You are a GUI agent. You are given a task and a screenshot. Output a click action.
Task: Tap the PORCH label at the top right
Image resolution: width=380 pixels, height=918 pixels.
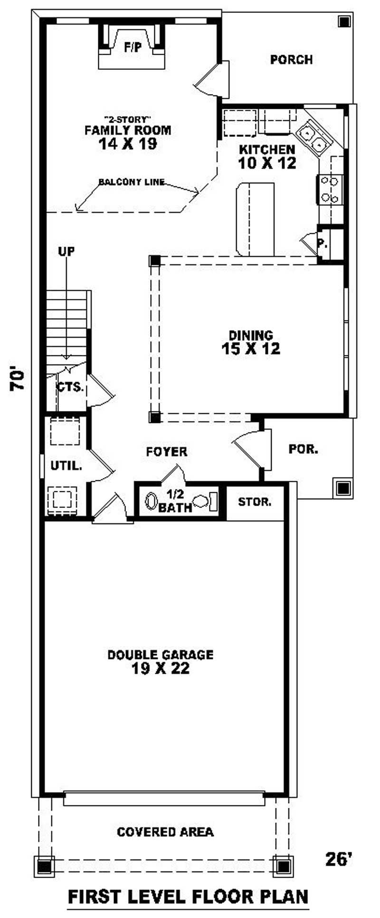292,60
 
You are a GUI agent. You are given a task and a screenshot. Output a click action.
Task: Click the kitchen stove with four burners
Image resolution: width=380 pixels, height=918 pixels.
330,189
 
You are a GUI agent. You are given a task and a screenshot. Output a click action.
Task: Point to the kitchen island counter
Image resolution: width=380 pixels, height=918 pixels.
255,219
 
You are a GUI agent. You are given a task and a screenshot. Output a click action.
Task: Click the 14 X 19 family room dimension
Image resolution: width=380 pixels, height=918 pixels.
128,144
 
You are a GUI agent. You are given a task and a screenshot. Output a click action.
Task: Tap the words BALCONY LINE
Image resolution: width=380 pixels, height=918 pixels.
132,182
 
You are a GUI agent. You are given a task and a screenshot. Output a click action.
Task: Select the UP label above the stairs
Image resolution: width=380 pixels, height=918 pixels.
66,251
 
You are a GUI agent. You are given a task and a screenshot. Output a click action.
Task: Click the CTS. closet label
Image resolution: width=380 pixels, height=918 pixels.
70,387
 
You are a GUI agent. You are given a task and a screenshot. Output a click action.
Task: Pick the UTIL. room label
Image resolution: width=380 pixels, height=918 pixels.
66,466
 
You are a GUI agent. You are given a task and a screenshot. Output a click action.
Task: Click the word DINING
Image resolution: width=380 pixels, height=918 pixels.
251,335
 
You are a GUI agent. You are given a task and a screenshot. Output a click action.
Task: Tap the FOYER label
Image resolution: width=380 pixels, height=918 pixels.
167,451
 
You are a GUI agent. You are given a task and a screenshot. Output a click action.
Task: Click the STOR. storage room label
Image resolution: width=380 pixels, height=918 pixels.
255,502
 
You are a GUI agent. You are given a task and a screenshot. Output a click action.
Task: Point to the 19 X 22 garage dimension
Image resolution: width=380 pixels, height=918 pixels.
161,669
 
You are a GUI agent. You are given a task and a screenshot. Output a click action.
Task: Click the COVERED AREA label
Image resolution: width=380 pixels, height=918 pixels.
165,832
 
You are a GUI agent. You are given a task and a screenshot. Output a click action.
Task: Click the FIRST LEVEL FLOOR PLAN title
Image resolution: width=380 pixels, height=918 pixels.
188,896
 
